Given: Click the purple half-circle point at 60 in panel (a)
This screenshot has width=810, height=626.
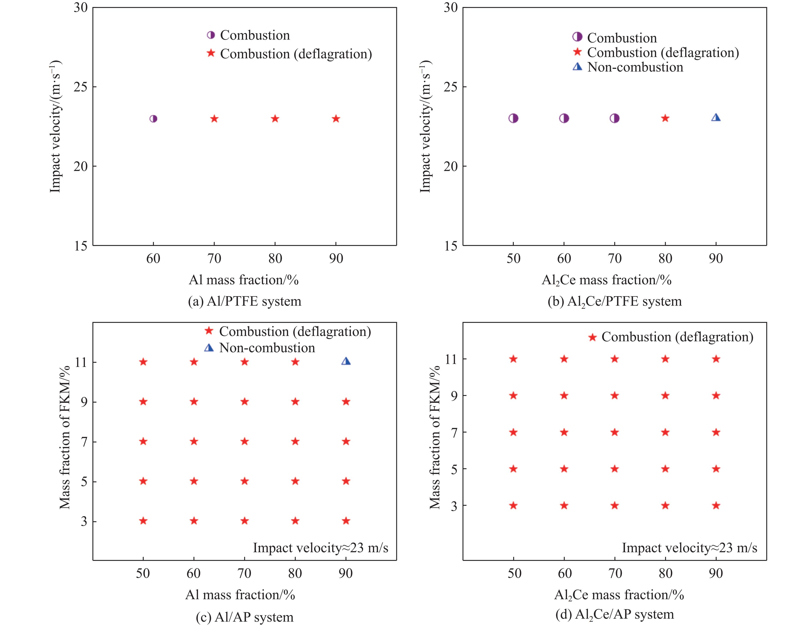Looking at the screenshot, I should [x=153, y=119].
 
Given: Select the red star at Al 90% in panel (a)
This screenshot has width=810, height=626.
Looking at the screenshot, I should [x=336, y=119].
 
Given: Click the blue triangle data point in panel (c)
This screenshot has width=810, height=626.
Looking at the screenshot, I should [x=346, y=361].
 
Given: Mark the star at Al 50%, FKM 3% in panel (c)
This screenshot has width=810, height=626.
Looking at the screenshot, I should [x=143, y=521].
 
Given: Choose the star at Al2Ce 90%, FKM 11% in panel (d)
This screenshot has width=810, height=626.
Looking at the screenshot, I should [x=716, y=359].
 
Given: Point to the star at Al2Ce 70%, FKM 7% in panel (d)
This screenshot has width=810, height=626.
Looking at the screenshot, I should [x=615, y=432].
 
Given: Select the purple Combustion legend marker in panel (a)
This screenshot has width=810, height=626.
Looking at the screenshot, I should [x=211, y=35].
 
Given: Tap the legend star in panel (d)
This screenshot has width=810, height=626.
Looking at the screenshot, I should [x=592, y=337].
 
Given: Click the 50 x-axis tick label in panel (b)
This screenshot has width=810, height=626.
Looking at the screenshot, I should [x=513, y=259].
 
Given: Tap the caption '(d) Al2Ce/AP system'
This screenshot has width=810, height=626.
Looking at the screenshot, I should [x=615, y=614].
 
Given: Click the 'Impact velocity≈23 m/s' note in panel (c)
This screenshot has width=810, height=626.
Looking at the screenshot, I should [x=320, y=548].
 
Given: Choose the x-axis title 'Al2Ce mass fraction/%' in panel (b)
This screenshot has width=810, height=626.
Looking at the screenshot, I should [x=606, y=280].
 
